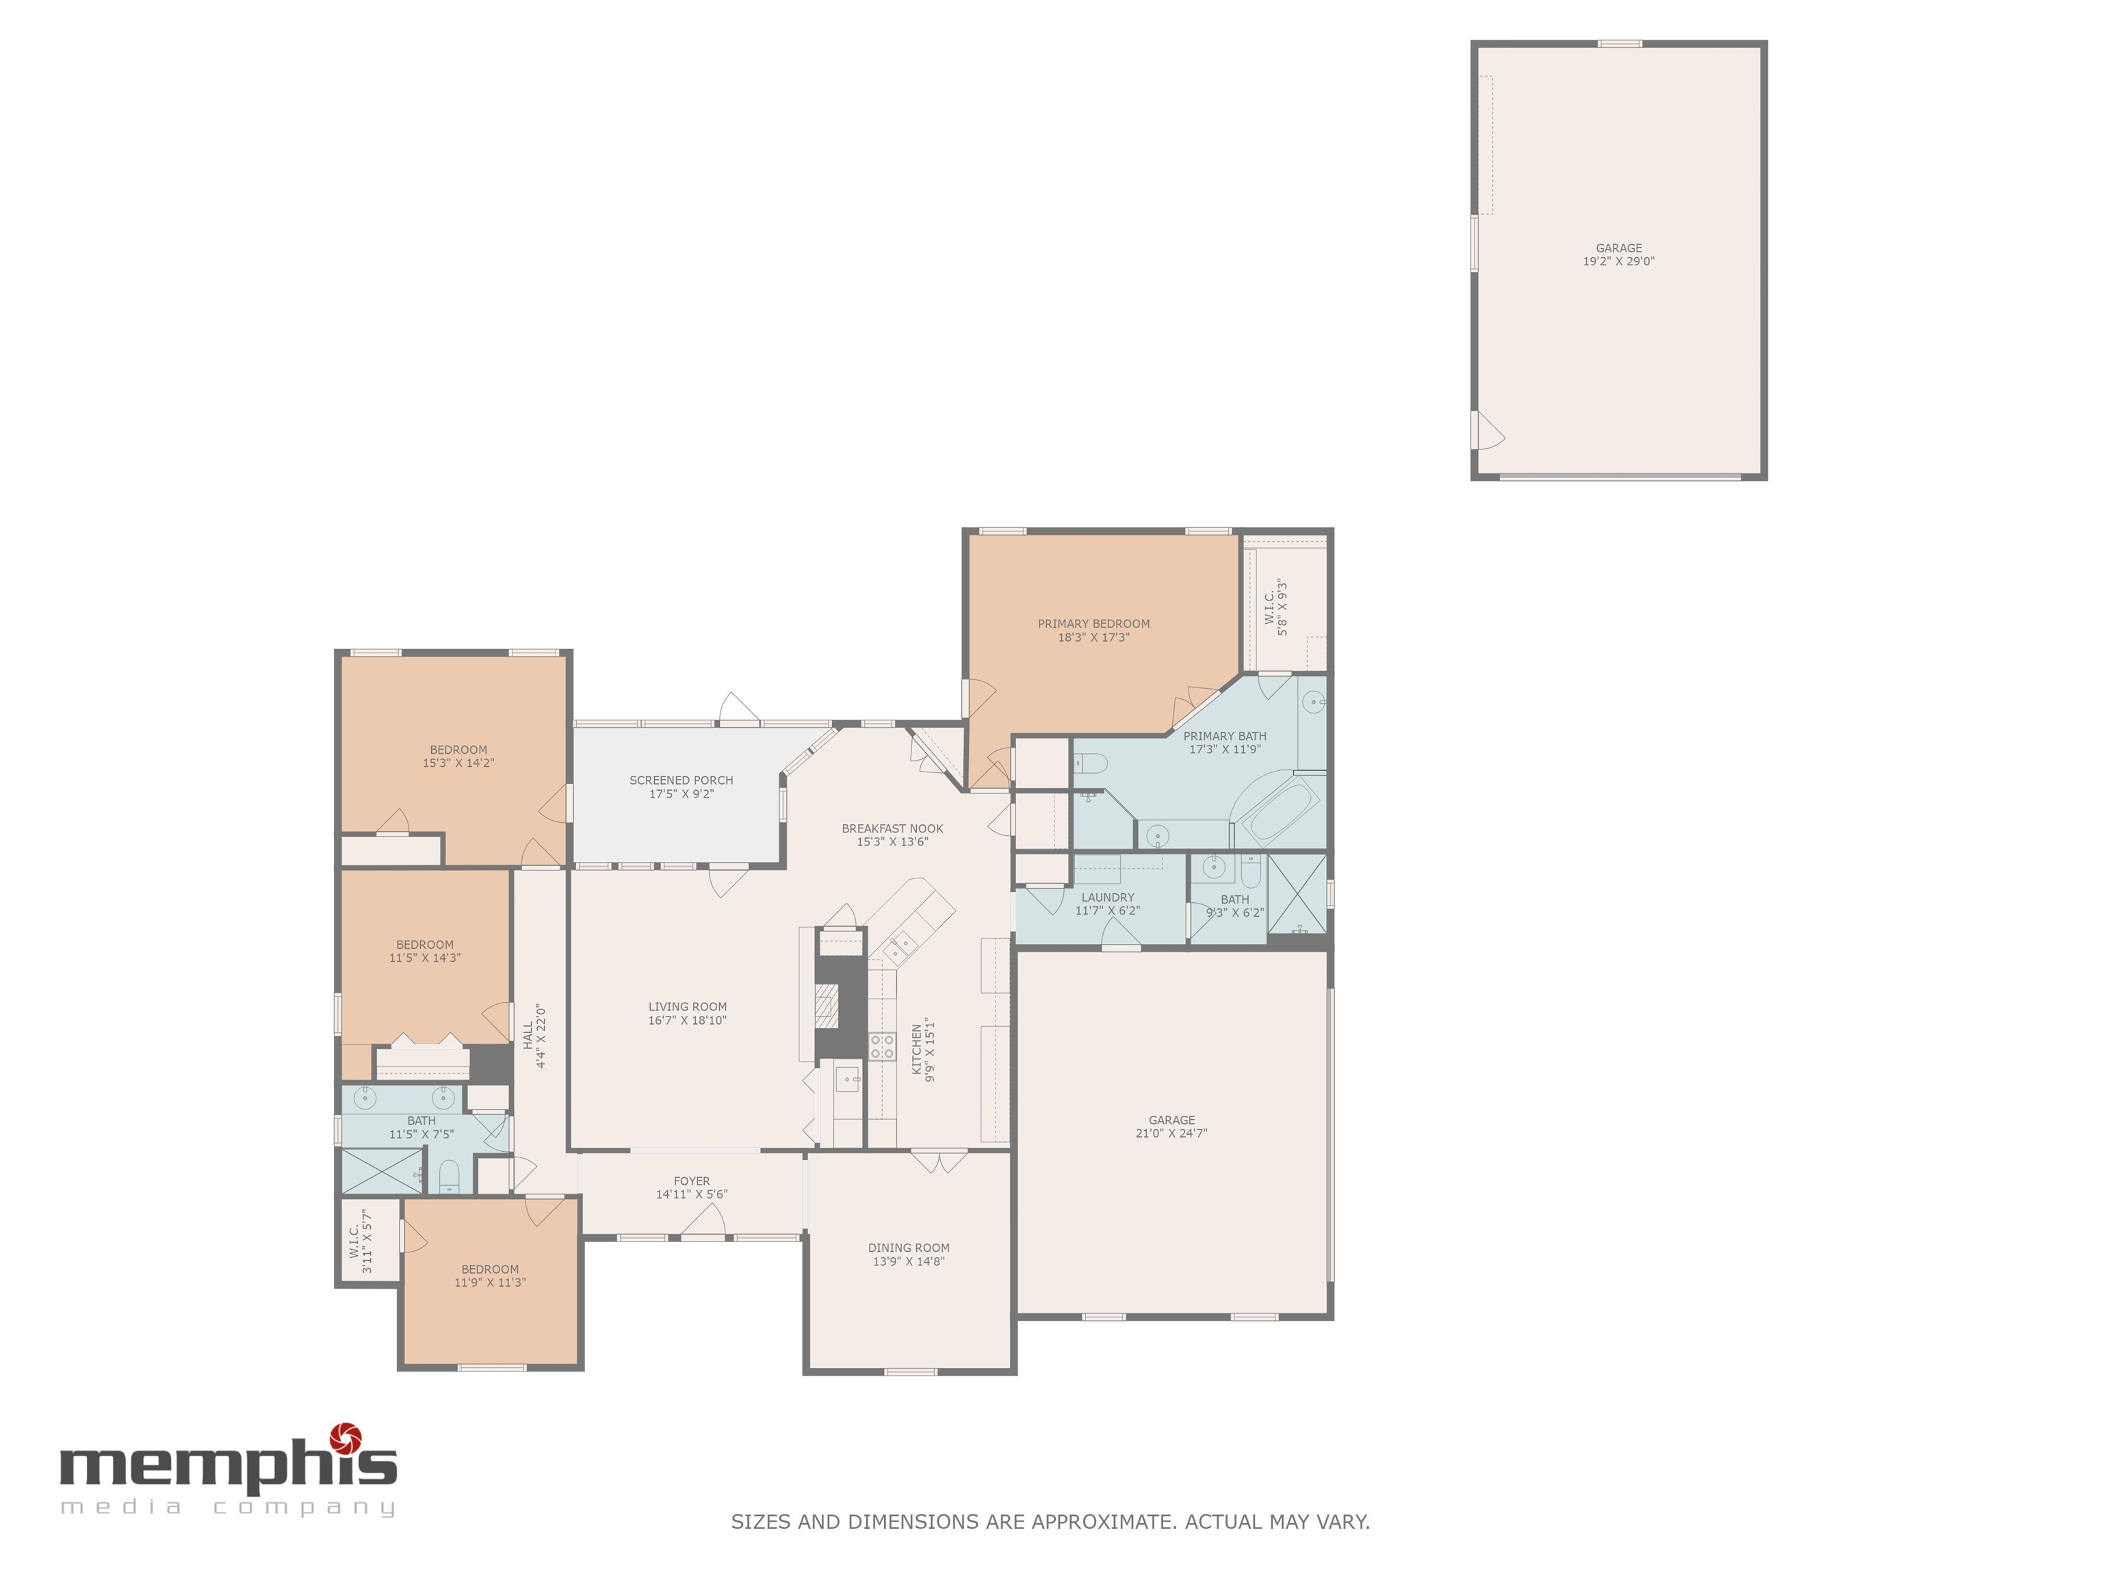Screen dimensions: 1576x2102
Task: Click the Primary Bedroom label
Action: coord(1093,624)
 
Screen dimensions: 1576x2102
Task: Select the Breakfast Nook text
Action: coord(892,828)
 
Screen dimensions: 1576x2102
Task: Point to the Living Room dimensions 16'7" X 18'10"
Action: coord(687,1021)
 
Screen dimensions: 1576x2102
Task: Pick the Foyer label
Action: coord(692,1181)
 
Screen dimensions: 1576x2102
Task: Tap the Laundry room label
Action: coord(1107,897)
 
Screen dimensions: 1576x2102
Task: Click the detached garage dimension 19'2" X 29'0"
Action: coord(1618,261)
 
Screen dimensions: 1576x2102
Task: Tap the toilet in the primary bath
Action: coord(1093,763)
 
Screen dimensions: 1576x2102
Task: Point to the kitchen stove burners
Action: coord(882,1046)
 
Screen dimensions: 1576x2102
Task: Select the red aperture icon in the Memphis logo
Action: coord(345,1439)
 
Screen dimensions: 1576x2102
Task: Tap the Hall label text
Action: coord(528,1036)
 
